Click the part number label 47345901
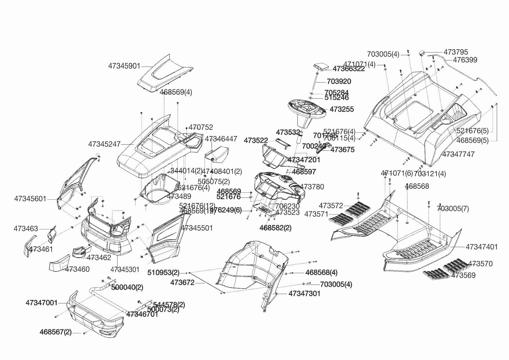coord(124,66)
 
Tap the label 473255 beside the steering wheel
coord(342,109)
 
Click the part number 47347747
coord(458,154)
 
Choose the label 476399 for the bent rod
coord(465,60)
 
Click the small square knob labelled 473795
coord(422,53)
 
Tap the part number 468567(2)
coord(55,332)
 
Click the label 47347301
coord(304,294)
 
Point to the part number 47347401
coord(481,247)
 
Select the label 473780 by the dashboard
coord(312,187)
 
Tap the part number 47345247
coord(104,144)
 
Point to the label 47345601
coord(30,199)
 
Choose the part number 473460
coord(77,269)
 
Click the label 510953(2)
coord(163,273)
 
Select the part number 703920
coord(339,82)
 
